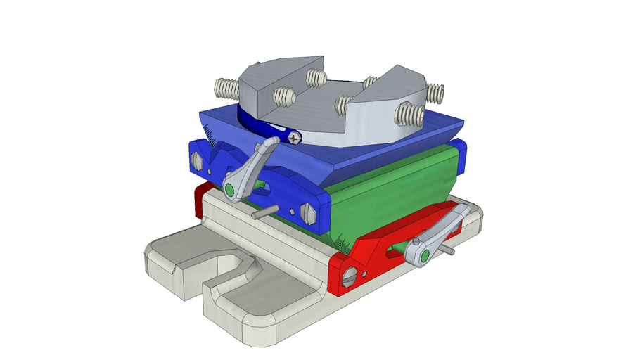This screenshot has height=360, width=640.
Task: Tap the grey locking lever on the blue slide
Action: [248, 169]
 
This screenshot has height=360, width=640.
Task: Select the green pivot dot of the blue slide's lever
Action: [230, 188]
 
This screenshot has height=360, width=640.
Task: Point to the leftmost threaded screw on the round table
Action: [226, 89]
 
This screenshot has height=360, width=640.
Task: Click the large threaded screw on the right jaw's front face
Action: [408, 112]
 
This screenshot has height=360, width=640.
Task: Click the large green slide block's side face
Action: [394, 186]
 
